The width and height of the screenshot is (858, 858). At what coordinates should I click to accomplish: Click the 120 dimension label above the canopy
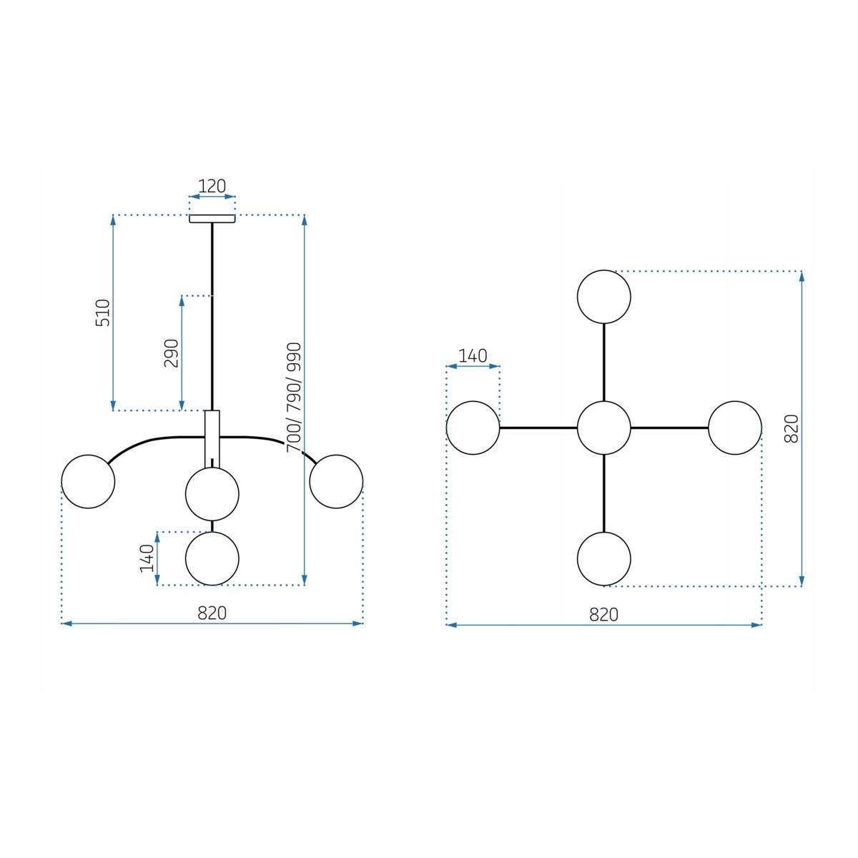coord(212,186)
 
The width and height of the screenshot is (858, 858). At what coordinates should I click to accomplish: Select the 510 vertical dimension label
coord(103,312)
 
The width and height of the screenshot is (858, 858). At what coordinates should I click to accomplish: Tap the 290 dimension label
coord(172,353)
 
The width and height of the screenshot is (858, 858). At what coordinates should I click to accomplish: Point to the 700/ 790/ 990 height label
coord(294,397)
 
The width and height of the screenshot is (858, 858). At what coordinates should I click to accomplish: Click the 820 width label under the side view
coord(212,613)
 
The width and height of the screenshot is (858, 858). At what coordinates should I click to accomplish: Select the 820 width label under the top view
coord(603,615)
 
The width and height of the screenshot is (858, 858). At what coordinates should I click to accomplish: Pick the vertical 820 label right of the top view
coord(792,428)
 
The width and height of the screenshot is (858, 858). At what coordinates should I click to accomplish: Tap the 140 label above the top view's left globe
coord(473,356)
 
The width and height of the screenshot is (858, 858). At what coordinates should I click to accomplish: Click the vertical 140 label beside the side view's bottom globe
coord(147,558)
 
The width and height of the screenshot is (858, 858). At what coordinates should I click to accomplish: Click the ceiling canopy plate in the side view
coord(212,219)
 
